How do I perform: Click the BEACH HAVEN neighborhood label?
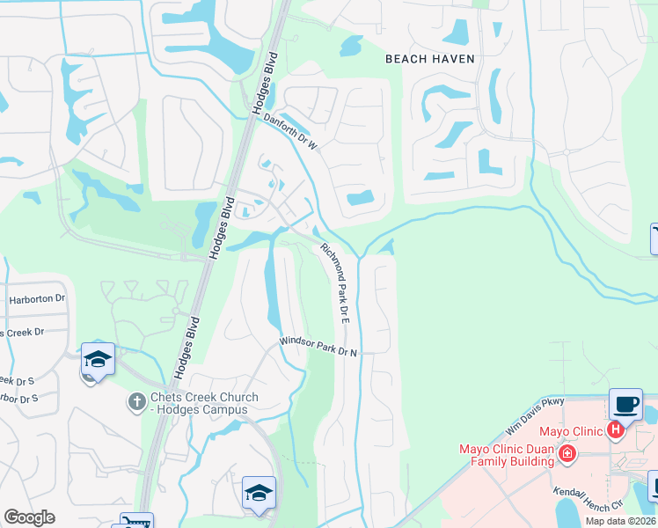(x=430, y=59)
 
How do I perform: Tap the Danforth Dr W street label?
(x=290, y=132)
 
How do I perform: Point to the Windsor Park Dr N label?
(x=318, y=346)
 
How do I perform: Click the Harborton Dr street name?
(x=37, y=299)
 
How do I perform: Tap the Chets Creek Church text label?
(x=196, y=398)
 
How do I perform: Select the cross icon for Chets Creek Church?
(x=135, y=402)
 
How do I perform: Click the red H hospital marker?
(x=616, y=430)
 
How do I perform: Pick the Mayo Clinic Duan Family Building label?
(x=508, y=454)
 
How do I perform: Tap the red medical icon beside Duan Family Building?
(x=567, y=453)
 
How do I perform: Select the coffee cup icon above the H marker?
(x=625, y=404)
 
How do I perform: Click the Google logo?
(x=29, y=517)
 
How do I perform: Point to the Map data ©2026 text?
(x=619, y=521)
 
